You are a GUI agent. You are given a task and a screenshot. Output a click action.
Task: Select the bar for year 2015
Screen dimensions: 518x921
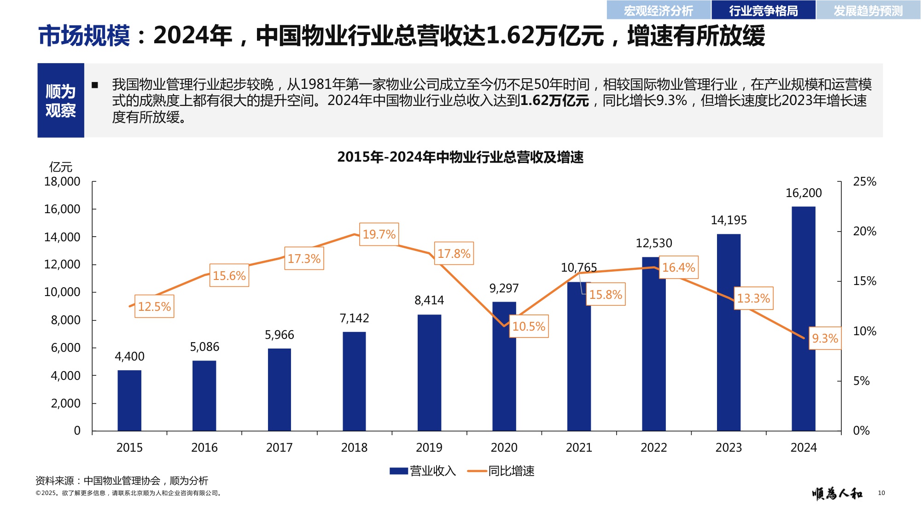tap(129, 400)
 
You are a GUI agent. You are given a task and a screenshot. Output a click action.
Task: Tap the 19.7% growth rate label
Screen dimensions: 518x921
tap(379, 234)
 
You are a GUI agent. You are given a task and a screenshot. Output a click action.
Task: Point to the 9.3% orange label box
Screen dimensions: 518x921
tap(825, 338)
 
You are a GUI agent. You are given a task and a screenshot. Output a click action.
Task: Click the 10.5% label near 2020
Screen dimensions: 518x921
tap(529, 326)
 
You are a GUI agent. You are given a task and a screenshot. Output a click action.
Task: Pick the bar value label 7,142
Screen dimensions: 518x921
tap(354, 318)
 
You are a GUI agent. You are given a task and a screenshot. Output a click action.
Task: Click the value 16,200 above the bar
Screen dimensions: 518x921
tap(803, 193)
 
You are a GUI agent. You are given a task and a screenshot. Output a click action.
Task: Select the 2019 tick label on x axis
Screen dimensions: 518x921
tap(429, 448)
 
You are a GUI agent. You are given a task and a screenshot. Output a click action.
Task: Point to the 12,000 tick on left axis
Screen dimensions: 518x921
tap(62, 264)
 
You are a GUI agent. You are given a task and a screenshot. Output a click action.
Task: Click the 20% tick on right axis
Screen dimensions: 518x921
tap(864, 231)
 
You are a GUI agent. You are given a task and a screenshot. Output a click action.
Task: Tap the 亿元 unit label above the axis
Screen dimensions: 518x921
tap(61, 167)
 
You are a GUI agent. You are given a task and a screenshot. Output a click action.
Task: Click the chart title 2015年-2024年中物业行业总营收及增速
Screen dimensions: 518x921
tap(460, 157)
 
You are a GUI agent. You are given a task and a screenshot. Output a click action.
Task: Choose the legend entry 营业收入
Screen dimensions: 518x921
tap(423, 471)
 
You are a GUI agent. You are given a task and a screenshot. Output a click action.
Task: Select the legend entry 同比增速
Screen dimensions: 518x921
tap(501, 471)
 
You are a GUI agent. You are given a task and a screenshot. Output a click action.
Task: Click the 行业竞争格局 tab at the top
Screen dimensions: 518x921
tap(763, 10)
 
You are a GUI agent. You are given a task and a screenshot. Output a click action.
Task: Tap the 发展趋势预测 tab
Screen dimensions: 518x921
tap(868, 10)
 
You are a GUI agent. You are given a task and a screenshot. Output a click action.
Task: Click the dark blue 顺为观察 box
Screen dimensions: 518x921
tap(61, 100)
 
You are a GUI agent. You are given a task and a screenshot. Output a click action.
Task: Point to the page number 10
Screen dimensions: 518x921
tap(881, 493)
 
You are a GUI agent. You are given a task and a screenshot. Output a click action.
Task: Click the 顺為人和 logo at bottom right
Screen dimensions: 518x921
tap(837, 494)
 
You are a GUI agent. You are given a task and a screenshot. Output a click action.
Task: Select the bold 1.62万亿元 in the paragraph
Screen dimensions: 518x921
tap(554, 101)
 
